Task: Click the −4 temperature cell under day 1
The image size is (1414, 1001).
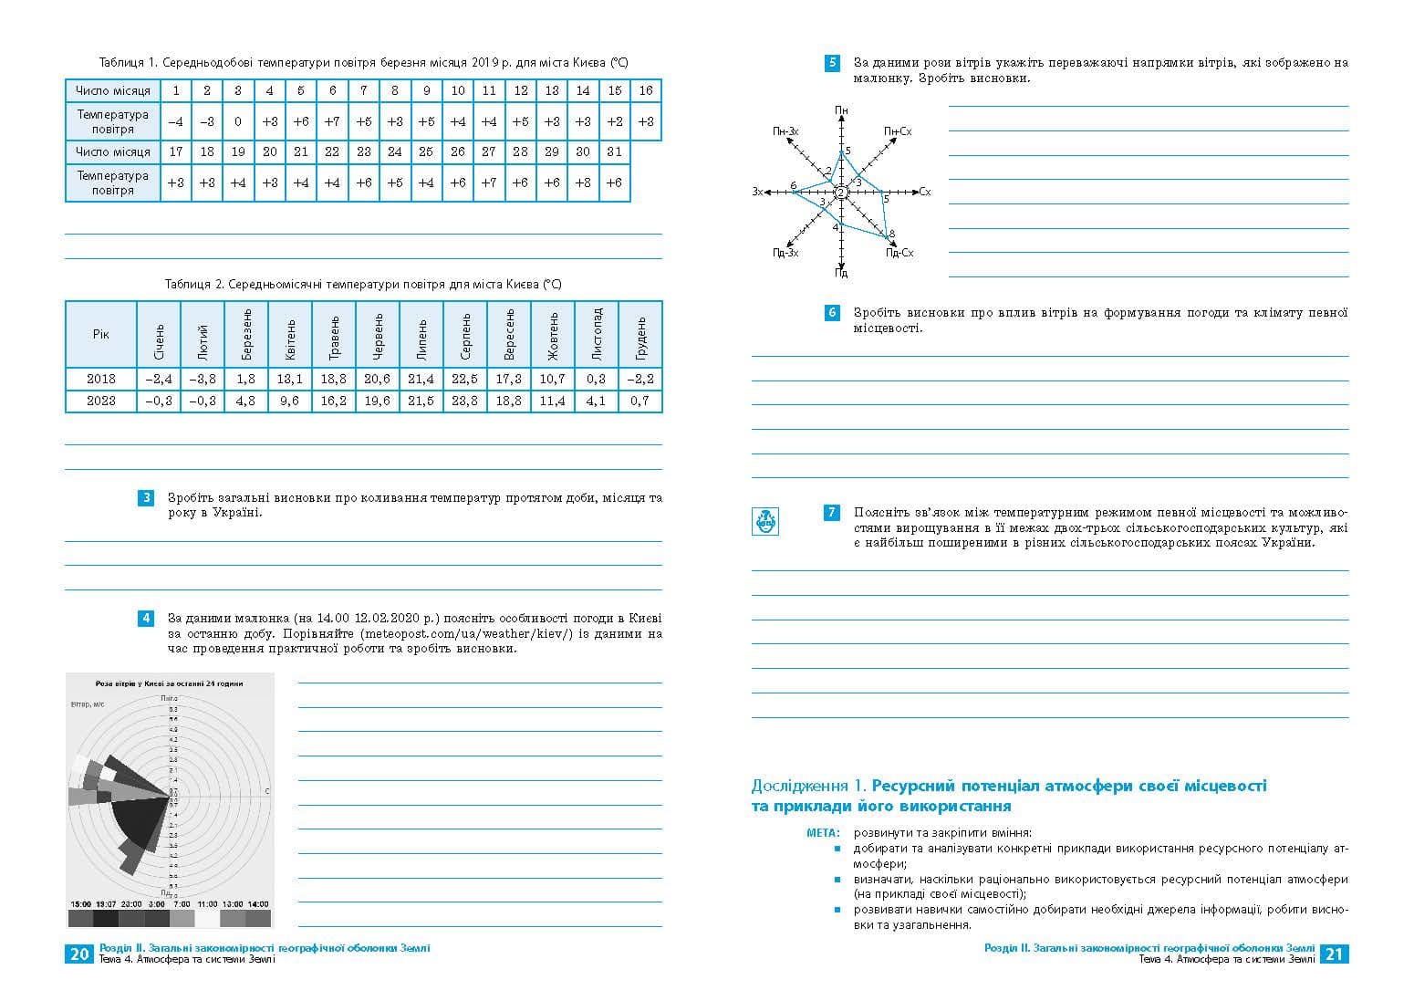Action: click(175, 121)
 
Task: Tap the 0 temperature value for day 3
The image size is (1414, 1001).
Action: click(238, 121)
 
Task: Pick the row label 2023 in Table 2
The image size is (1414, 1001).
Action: click(101, 401)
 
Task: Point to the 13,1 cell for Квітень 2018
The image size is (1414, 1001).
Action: click(290, 379)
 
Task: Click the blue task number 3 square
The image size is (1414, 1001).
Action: click(146, 498)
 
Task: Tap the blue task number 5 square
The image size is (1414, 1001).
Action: click(832, 63)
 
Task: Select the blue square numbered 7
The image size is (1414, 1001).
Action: click(832, 513)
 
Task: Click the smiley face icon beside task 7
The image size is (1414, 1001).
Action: click(764, 521)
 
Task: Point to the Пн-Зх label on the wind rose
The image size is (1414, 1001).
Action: click(785, 132)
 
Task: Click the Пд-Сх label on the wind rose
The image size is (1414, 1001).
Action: click(899, 253)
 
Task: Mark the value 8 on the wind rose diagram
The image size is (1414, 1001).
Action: click(891, 235)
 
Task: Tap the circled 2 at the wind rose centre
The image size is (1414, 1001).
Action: click(841, 192)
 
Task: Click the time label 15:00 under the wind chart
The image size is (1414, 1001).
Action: click(80, 904)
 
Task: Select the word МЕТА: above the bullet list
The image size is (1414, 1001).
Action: click(823, 833)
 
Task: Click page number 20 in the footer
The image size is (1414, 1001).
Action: click(79, 954)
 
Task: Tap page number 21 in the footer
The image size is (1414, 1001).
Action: click(1335, 954)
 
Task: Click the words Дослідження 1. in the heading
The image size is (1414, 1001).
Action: click(808, 787)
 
